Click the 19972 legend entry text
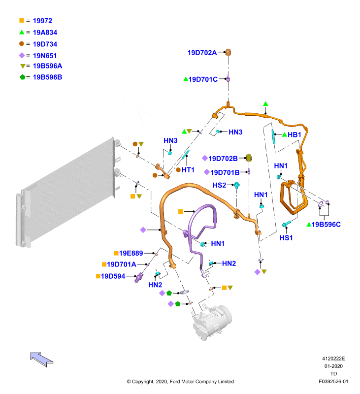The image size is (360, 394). (x=42, y=21)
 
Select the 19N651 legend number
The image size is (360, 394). (x=45, y=56)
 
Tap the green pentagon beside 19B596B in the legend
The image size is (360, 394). (x=23, y=77)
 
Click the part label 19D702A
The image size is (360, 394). (x=202, y=53)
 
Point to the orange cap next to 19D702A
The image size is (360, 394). (x=228, y=52)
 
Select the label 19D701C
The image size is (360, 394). (x=203, y=79)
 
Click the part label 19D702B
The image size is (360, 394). (x=223, y=159)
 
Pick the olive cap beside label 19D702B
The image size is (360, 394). (x=249, y=158)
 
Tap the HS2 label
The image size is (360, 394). (x=219, y=185)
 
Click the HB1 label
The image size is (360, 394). (x=294, y=134)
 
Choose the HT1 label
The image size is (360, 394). (x=188, y=170)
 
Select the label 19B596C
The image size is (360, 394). (x=326, y=225)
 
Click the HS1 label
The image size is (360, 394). (x=286, y=238)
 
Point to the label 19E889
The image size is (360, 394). (x=131, y=253)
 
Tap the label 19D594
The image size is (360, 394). (x=113, y=276)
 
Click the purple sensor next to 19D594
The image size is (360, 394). (x=138, y=278)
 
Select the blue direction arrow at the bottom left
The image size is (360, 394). (x=41, y=360)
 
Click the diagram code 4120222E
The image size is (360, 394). (x=333, y=359)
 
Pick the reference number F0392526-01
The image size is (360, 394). (x=333, y=381)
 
